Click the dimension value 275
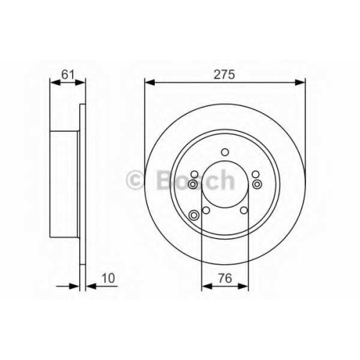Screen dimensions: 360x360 [x=224, y=74]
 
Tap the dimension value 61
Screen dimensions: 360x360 [x=68, y=74]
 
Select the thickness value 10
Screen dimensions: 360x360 [x=108, y=278]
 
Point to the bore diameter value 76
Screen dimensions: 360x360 [x=225, y=278]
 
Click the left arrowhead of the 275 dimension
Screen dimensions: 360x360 [x=150, y=83]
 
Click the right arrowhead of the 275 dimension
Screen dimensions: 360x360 [x=300, y=83]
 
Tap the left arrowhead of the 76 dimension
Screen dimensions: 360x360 [x=207, y=286]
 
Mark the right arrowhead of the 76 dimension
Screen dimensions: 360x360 [x=243, y=286]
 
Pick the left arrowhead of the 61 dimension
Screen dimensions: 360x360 [x=55, y=83]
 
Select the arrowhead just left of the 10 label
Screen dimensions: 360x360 [x=91, y=286]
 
